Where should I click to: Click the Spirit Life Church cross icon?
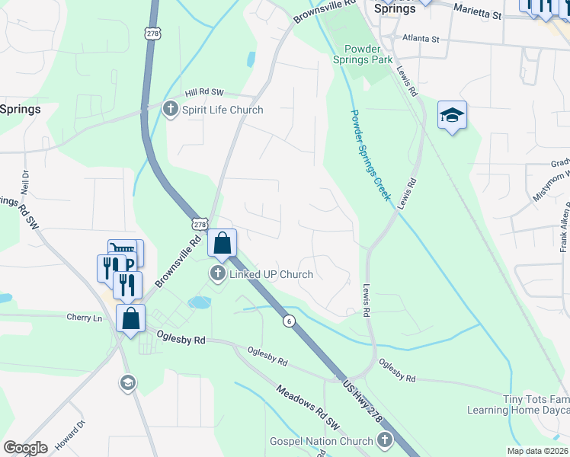point(169,110)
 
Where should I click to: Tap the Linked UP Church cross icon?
point(218,274)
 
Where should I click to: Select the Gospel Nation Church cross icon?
point(385,440)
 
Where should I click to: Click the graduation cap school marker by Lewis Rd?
point(452,116)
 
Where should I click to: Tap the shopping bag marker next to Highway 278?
point(222,244)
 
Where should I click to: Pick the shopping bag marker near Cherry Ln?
point(130,318)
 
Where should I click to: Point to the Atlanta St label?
point(421,38)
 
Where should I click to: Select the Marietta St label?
point(478,11)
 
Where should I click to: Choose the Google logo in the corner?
point(25,447)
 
